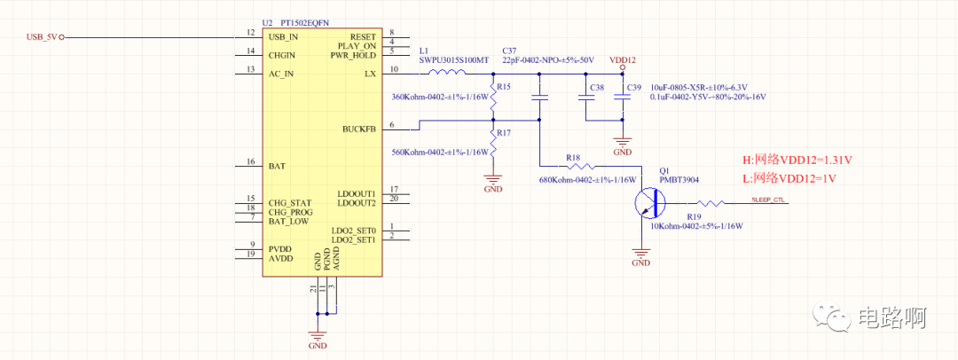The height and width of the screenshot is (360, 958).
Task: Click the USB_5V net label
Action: (x=43, y=36)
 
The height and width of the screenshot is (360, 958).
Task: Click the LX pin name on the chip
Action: (x=370, y=74)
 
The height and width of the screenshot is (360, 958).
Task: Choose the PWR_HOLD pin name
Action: (x=353, y=55)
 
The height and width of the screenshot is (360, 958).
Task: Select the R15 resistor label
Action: (x=503, y=87)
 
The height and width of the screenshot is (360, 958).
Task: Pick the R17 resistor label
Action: (x=503, y=132)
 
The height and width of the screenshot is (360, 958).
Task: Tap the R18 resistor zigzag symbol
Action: (x=583, y=166)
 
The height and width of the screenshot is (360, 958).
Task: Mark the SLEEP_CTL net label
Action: (x=768, y=200)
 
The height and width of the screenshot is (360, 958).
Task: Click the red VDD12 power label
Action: (x=623, y=59)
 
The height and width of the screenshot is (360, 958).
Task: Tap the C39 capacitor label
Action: (x=633, y=87)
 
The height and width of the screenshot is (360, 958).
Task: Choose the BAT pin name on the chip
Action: (x=278, y=166)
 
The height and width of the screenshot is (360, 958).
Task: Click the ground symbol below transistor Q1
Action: (x=640, y=258)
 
